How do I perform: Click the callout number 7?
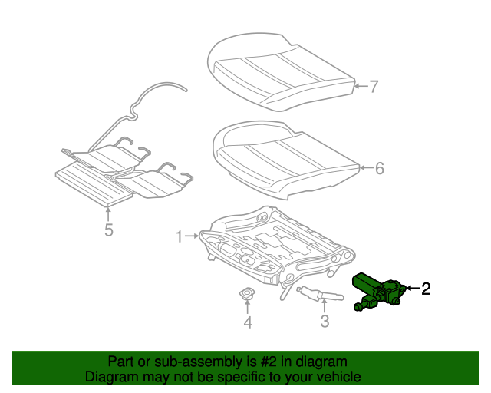click(374, 87)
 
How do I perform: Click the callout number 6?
click(379, 168)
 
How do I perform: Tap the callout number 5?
click(109, 230)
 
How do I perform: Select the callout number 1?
click(180, 237)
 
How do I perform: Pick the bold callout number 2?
click(426, 289)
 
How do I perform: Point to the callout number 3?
click(325, 322)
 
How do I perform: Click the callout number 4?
click(248, 323)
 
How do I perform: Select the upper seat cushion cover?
click(280, 73)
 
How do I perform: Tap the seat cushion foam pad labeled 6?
click(284, 157)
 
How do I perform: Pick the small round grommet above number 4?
click(248, 295)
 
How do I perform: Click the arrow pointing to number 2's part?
click(411, 289)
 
